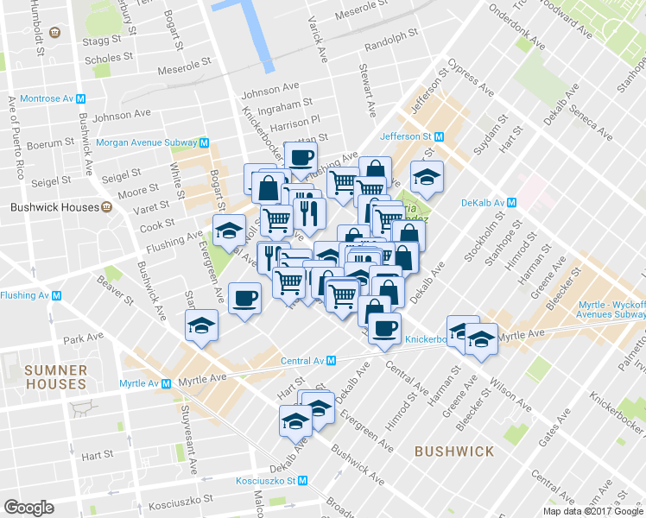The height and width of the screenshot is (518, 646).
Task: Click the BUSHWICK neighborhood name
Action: [x=454, y=452]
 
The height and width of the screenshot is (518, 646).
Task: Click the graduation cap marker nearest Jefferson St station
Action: [x=427, y=176]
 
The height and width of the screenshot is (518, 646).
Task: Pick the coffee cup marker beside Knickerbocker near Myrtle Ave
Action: [x=385, y=327]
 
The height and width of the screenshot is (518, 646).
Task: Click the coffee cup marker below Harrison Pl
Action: [x=301, y=157]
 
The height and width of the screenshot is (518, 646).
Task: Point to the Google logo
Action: [x=28, y=507]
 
